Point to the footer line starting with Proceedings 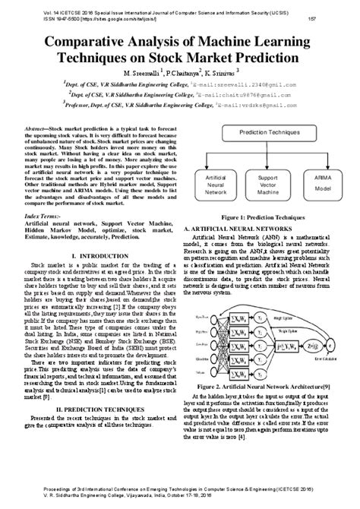click(180, 490)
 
